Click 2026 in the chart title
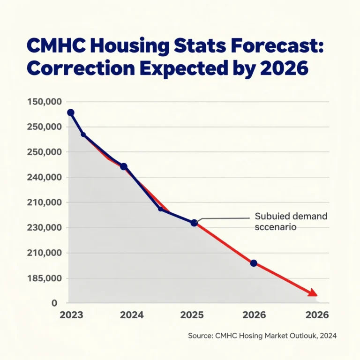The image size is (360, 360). click(x=283, y=68)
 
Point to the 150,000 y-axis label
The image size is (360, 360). click(x=45, y=102)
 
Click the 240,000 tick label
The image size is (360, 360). click(x=45, y=177)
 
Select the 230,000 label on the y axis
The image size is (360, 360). click(x=45, y=228)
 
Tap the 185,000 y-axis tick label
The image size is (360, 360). click(x=45, y=278)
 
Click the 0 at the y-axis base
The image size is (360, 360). click(x=54, y=303)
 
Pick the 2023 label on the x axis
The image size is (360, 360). click(x=72, y=315)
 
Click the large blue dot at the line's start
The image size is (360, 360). click(x=71, y=112)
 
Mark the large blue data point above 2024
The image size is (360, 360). click(x=124, y=166)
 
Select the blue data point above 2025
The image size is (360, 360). click(x=194, y=223)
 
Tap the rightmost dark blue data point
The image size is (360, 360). click(x=254, y=263)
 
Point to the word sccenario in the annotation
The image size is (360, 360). click(x=277, y=227)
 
